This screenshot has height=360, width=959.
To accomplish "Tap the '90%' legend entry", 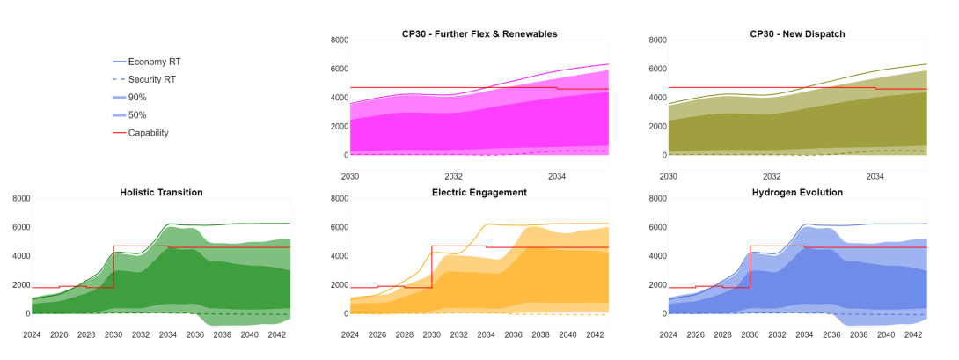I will [137, 97].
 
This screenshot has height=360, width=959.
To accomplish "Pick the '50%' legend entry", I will [137, 115].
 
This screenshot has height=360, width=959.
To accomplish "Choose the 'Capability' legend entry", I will [148, 133].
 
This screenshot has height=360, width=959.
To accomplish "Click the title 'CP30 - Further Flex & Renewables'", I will [479, 33].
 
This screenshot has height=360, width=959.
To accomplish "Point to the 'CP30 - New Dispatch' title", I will [797, 33].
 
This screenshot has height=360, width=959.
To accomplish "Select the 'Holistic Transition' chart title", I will [161, 192].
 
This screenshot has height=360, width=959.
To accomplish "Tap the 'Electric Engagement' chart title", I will [479, 192].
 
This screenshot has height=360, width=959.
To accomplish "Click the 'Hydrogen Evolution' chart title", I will [797, 192].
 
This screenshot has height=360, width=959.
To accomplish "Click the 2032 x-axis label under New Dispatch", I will [772, 176].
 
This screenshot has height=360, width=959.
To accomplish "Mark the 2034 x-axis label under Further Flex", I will [557, 176].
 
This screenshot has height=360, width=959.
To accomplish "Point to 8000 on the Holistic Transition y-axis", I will [21, 199].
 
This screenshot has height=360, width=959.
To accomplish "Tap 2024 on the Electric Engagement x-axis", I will [350, 334].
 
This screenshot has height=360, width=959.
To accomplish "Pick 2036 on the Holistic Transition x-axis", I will [195, 334].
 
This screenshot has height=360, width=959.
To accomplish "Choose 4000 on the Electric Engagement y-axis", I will [339, 256].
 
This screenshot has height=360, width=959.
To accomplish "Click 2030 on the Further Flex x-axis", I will [350, 176].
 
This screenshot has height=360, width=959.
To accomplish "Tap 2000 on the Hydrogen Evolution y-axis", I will [657, 285].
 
